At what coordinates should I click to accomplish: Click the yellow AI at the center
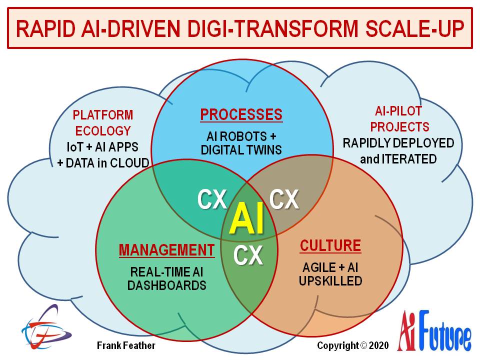246,218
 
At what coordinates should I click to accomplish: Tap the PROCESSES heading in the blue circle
241,115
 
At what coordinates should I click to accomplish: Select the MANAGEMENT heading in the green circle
167,250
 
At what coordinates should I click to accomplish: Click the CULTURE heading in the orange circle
330,245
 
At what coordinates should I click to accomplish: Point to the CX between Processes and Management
212,199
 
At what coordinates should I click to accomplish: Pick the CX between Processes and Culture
284,199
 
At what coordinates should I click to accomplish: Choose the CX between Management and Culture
248,255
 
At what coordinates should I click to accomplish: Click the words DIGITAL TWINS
241,150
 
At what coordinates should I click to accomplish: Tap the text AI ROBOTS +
241,136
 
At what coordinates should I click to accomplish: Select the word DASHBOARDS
167,285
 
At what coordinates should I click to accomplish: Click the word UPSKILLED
330,280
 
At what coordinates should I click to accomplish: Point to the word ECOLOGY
103,131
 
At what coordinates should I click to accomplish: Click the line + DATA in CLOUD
103,163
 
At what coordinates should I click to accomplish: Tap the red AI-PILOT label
398,111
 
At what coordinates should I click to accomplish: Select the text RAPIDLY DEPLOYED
398,143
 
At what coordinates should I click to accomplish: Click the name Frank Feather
126,345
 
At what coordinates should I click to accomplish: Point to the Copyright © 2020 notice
353,345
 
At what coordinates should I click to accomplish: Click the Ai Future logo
434,331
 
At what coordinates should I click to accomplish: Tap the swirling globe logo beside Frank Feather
46,327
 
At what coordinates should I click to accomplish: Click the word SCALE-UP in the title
415,28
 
